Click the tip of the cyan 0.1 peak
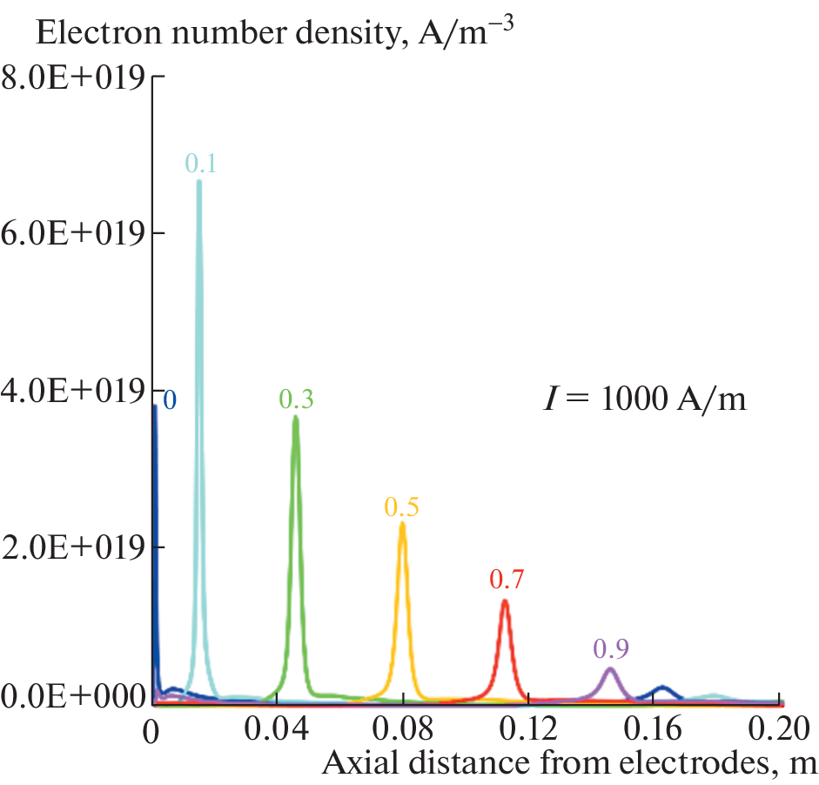[x=199, y=182]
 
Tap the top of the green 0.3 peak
[x=296, y=418]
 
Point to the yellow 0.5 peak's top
[x=402, y=524]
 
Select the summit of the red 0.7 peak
[x=504, y=601]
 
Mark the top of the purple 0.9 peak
[x=610, y=668]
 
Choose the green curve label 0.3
[x=296, y=399]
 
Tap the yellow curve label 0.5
[x=401, y=507]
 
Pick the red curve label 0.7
[x=507, y=578]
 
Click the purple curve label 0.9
[x=611, y=647]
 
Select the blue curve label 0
[x=170, y=400]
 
